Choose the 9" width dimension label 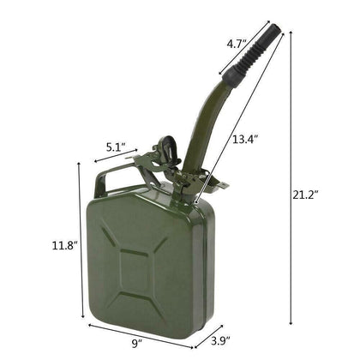pos(137,343)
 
